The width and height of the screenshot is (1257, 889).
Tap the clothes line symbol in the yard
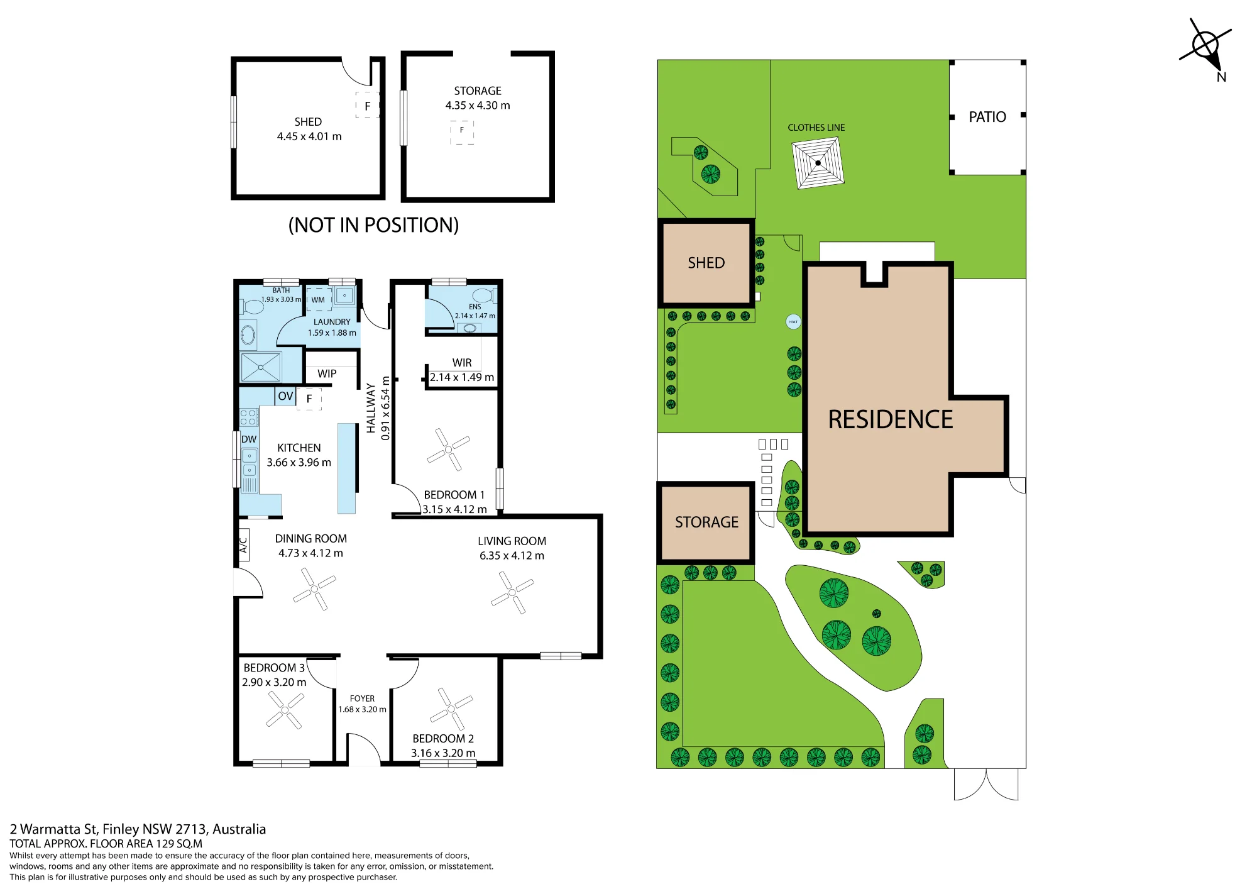point(818,163)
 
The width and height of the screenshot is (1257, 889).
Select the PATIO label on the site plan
point(987,117)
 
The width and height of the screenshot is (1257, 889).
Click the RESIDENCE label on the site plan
point(890,419)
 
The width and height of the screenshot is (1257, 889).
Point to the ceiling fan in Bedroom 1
point(448,450)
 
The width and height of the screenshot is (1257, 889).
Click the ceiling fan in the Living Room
point(512,592)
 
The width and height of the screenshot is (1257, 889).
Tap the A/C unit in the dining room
point(243,544)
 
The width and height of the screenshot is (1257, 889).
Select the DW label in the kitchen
point(249,439)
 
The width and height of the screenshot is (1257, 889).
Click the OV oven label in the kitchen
point(285,396)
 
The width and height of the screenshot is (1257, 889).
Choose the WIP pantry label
point(327,373)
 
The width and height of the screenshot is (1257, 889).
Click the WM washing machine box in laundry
point(319,300)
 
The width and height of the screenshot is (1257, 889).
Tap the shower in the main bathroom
point(261,367)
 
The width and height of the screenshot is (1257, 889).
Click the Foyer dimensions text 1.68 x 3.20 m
point(362,709)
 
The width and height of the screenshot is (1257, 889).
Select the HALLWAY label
point(371,408)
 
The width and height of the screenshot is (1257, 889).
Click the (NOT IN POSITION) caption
point(373,225)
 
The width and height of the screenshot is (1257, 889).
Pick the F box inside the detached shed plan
point(368,106)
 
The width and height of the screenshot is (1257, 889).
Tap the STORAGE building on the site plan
point(706,522)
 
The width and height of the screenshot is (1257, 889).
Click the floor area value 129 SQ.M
point(179,844)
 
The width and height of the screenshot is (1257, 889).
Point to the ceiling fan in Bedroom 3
point(285,710)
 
